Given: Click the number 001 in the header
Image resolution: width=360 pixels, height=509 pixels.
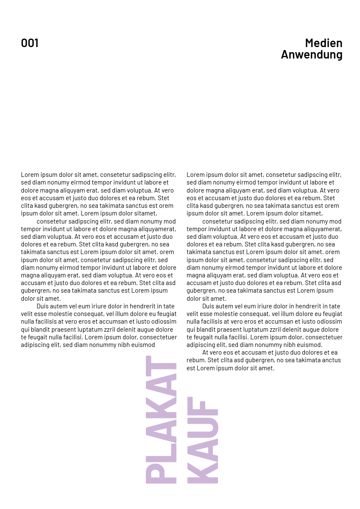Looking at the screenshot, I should point(30,43).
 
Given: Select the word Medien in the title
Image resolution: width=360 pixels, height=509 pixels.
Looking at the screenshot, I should point(324,43).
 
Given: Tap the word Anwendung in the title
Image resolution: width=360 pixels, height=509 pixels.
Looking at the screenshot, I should point(312,55).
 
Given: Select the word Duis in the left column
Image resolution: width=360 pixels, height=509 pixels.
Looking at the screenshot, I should point(43,306).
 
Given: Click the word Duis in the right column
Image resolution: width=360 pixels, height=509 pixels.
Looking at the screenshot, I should point(209,306).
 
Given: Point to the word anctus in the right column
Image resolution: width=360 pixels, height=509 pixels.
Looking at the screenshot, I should point(331,360).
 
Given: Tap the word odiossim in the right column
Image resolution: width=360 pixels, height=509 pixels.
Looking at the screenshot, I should point(329,322).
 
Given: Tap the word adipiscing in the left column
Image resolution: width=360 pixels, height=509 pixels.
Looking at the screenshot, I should point(35,345).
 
